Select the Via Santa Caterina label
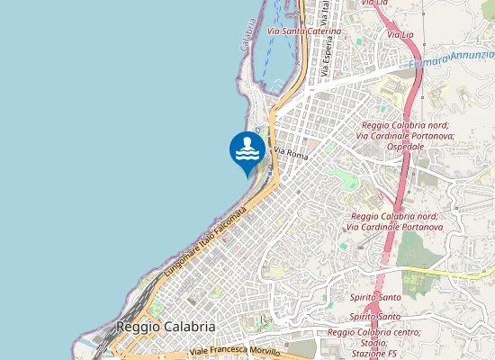click(304, 31)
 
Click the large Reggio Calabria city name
click(166, 327)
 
